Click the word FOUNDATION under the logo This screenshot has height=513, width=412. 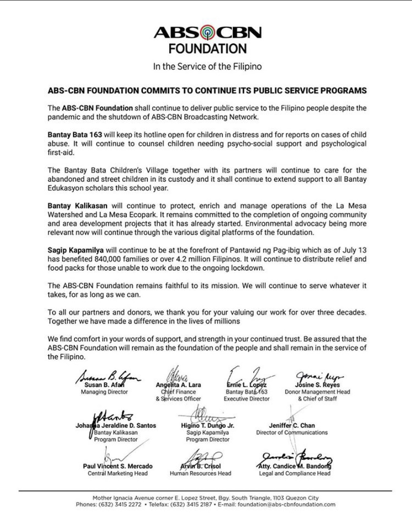pyautogui.click(x=207, y=49)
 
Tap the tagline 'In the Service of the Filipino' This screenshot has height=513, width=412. pyautogui.click(x=207, y=66)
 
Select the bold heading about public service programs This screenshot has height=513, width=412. pyautogui.click(x=207, y=91)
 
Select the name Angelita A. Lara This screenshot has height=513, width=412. pyautogui.click(x=178, y=385)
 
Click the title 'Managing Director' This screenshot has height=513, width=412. pyautogui.click(x=104, y=392)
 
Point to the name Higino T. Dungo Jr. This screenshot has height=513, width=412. pyautogui.click(x=207, y=426)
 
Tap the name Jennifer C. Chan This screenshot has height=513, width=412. pyautogui.click(x=292, y=426)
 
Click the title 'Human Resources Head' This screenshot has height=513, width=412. pyautogui.click(x=201, y=474)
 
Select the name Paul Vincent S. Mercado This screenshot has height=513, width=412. pyautogui.click(x=118, y=466)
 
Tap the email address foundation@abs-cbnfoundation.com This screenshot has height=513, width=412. pyautogui.click(x=287, y=504)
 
